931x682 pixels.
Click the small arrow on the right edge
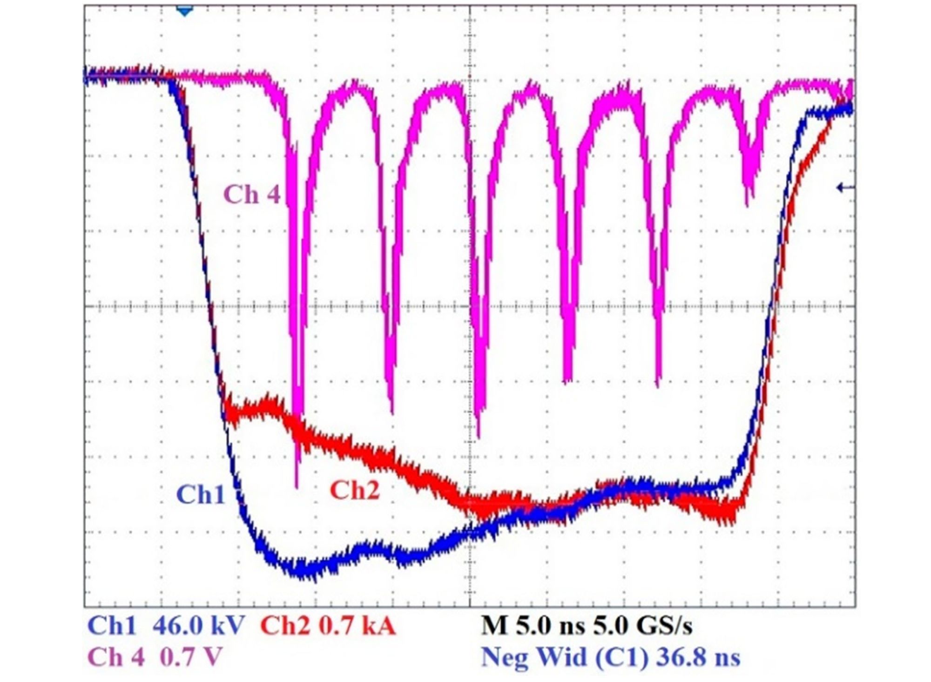(845, 188)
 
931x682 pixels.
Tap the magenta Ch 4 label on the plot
(252, 195)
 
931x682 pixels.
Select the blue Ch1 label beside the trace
(201, 494)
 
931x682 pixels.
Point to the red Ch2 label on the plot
(355, 490)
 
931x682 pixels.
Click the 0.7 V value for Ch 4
(191, 657)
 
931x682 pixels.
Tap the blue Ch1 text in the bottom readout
(112, 626)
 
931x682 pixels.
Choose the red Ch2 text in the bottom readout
(285, 626)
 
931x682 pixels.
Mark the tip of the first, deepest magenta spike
(297, 486)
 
